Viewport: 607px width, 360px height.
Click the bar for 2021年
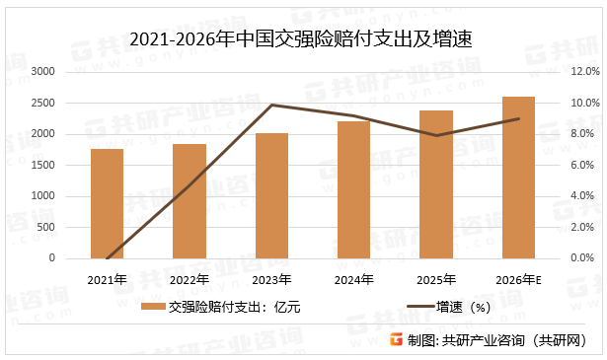click(107, 204)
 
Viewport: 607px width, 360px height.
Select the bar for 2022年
click(190, 201)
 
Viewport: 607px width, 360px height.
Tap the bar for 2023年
click(271, 195)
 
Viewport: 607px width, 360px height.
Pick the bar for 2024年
click(353, 190)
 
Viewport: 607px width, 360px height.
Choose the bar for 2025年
click(436, 184)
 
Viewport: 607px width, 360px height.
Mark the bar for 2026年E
click(518, 178)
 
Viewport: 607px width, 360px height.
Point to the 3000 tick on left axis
click(43, 72)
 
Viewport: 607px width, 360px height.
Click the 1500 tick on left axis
click(43, 165)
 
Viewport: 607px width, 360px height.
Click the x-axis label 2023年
click(271, 279)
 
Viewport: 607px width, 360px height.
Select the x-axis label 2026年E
click(519, 279)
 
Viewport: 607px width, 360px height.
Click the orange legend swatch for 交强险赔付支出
click(152, 308)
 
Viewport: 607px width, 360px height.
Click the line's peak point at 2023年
click(271, 105)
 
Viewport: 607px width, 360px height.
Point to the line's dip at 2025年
click(436, 135)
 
